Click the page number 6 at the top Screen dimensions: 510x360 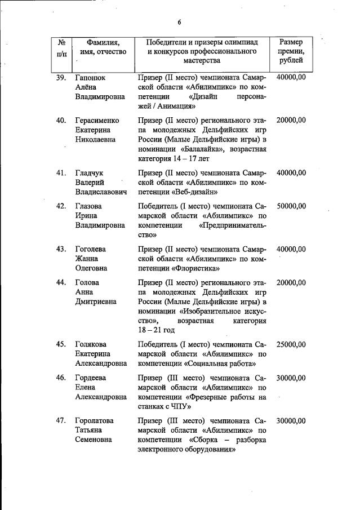179,22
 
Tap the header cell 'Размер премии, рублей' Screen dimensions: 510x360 291,51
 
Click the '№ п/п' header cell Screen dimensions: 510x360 62,47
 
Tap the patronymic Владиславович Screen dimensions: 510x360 101,192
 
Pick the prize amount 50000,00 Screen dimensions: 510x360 291,206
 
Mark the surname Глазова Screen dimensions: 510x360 91,206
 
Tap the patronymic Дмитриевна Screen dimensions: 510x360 97,301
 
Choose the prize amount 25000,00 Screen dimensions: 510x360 291,344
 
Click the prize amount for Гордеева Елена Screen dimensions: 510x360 291,378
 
